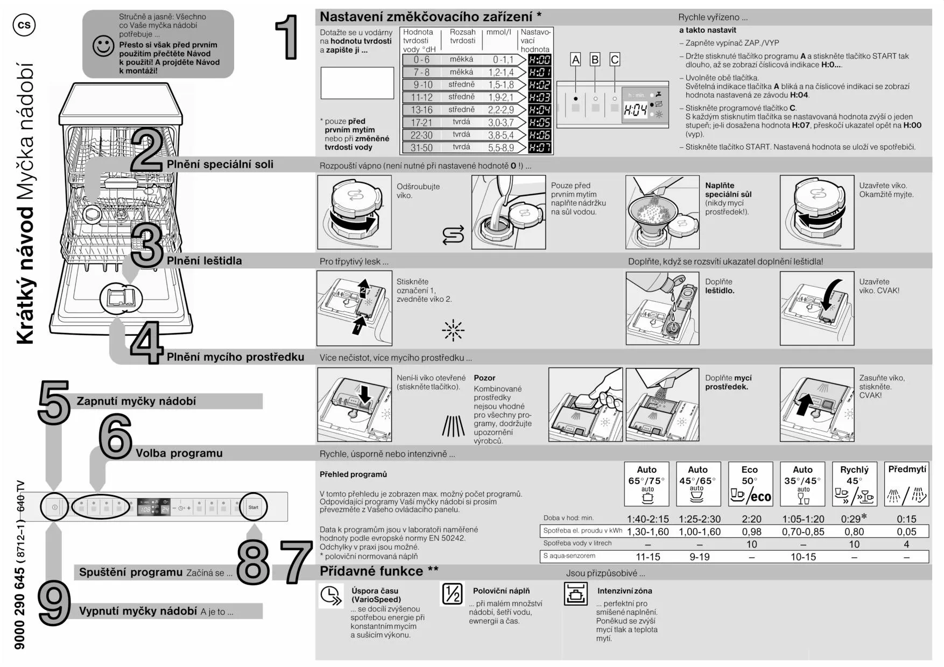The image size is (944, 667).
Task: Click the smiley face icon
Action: click(103, 46)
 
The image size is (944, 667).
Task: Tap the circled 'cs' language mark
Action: click(24, 25)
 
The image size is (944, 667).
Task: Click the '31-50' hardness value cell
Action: click(421, 147)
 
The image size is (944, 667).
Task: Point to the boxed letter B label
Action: click(595, 60)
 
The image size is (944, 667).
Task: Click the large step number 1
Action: click(287, 37)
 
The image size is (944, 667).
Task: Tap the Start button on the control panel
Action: click(253, 507)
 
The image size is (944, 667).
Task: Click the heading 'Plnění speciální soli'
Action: click(220, 165)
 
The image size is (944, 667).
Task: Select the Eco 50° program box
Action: click(750, 484)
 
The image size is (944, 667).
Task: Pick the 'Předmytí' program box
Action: click(907, 484)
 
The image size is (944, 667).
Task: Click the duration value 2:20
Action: click(751, 519)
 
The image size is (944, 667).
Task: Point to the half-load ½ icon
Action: click(452, 594)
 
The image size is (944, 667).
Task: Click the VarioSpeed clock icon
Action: click(330, 595)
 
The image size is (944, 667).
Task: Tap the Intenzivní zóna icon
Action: click(575, 594)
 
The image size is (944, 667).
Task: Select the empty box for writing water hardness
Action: click(357, 83)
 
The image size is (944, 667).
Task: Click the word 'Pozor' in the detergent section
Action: click(484, 378)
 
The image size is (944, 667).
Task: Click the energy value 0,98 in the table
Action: click(751, 531)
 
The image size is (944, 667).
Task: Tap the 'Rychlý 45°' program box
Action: click(855, 484)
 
